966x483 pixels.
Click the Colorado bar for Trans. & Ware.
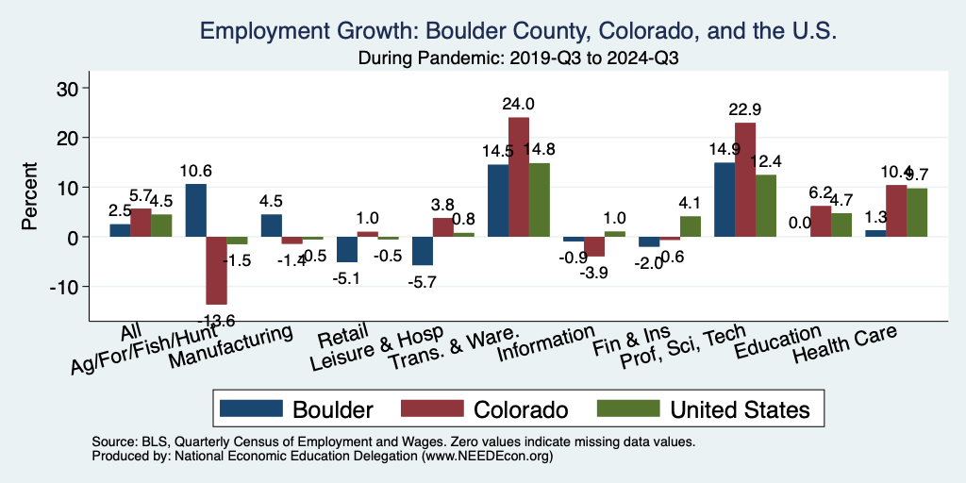[x=519, y=176]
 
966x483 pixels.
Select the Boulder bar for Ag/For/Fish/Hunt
[x=195, y=210]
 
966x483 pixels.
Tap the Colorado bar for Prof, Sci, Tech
[x=745, y=179]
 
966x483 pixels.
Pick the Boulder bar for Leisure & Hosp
[x=422, y=251]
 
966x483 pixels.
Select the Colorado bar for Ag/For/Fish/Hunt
[x=216, y=271]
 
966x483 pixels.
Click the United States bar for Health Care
[x=917, y=212]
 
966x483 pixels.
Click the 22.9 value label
[x=745, y=110]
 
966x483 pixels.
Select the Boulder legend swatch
[x=251, y=408]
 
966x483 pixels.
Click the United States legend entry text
[x=740, y=409]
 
